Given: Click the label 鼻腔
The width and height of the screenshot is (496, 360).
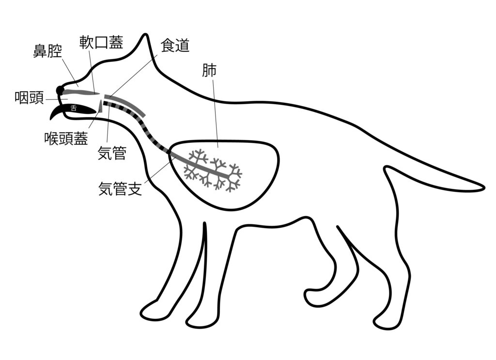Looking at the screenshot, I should pyautogui.click(x=47, y=51).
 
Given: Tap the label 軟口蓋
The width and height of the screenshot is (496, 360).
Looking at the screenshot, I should pyautogui.click(x=101, y=42).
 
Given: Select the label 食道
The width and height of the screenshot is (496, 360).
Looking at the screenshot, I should pyautogui.click(x=174, y=47).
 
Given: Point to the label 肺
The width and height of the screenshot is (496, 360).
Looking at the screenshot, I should pyautogui.click(x=209, y=71).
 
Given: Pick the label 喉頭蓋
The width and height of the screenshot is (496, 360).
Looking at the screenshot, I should pyautogui.click(x=66, y=139).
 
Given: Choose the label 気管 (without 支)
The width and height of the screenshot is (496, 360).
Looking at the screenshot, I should pyautogui.click(x=112, y=154).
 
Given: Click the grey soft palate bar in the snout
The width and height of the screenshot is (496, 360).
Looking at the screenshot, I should pyautogui.click(x=80, y=92).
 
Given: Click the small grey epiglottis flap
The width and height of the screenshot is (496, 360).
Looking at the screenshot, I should pyautogui.click(x=100, y=105).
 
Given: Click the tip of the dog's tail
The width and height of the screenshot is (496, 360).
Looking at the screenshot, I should pyautogui.click(x=483, y=186).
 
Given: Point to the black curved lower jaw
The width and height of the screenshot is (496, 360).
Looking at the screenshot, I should pyautogui.click(x=56, y=114).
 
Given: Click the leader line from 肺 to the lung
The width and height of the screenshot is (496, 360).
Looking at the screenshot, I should pyautogui.click(x=214, y=111).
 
